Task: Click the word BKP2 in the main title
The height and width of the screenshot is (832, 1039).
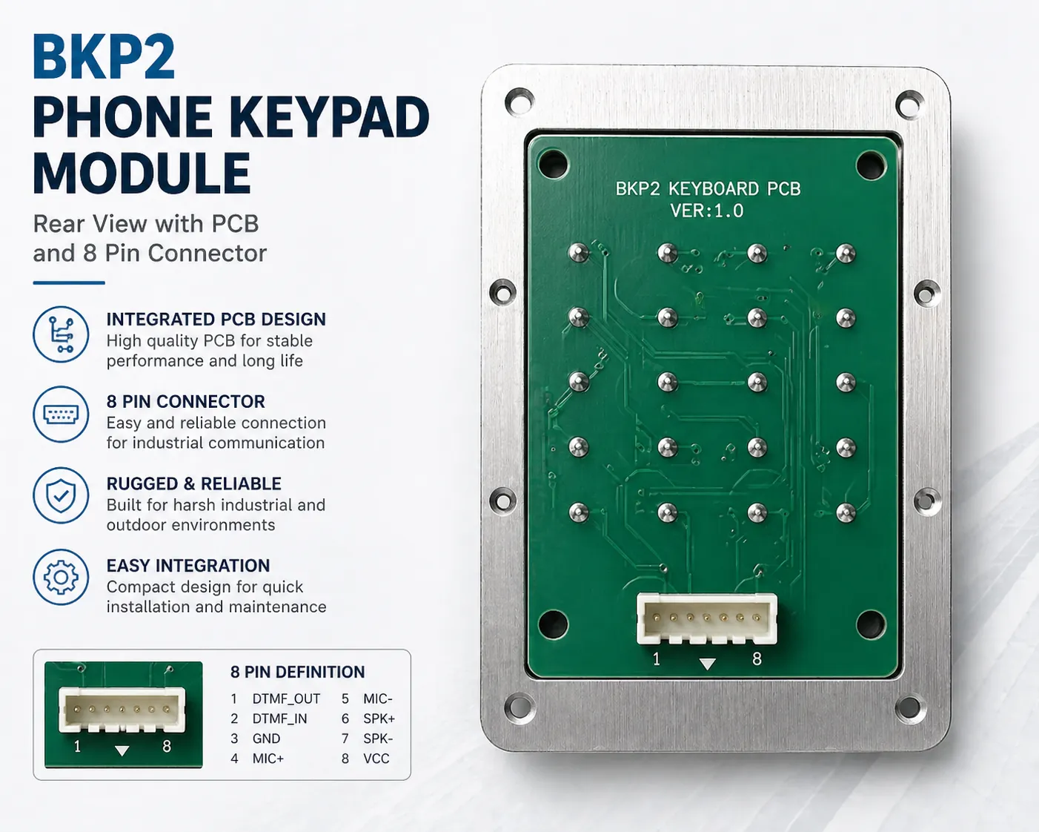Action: click(104, 57)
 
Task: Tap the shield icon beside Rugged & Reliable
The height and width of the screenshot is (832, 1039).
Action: click(61, 495)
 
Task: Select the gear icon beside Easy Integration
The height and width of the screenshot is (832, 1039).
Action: click(61, 577)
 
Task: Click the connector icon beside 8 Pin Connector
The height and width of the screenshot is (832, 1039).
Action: click(61, 414)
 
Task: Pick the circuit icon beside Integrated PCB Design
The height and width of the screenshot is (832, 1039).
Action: click(61, 334)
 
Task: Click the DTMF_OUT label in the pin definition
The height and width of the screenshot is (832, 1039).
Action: click(286, 699)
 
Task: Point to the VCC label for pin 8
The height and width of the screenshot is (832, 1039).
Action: click(376, 759)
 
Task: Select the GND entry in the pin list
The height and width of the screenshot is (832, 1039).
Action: click(266, 739)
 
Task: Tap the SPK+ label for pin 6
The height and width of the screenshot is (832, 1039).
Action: click(379, 719)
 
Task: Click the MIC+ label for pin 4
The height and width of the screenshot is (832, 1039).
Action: click(268, 759)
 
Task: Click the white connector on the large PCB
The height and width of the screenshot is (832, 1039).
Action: click(706, 618)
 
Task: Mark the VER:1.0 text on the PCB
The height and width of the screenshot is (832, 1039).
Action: click(706, 211)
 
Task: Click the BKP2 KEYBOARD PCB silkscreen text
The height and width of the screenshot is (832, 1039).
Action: click(708, 189)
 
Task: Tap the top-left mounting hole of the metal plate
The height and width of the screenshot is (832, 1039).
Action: click(519, 102)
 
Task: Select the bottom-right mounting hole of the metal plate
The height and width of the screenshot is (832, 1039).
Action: click(909, 707)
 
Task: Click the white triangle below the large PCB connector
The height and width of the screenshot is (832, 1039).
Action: click(708, 664)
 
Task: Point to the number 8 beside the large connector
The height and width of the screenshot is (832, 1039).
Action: click(757, 658)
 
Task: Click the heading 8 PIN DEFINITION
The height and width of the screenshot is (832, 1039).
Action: click(297, 672)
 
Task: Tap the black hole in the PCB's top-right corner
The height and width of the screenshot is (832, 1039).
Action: click(870, 165)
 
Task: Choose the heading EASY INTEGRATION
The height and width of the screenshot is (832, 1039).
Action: click(188, 566)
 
